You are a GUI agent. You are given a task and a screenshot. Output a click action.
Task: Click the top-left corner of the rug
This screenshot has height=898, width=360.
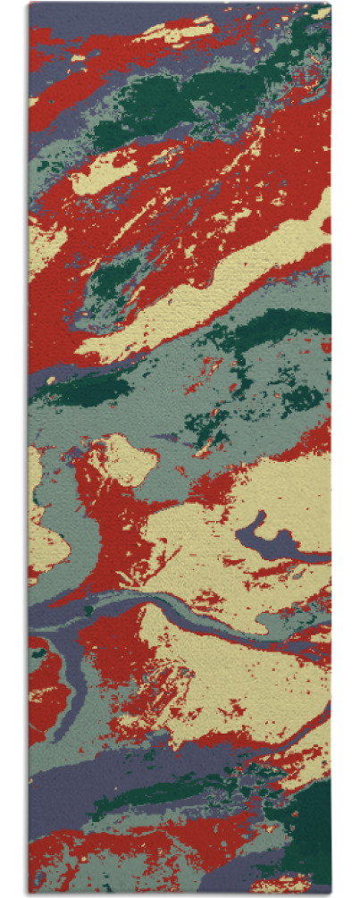(x=29, y=4)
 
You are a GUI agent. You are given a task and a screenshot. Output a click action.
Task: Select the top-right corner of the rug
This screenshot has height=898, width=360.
(x=331, y=4)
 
